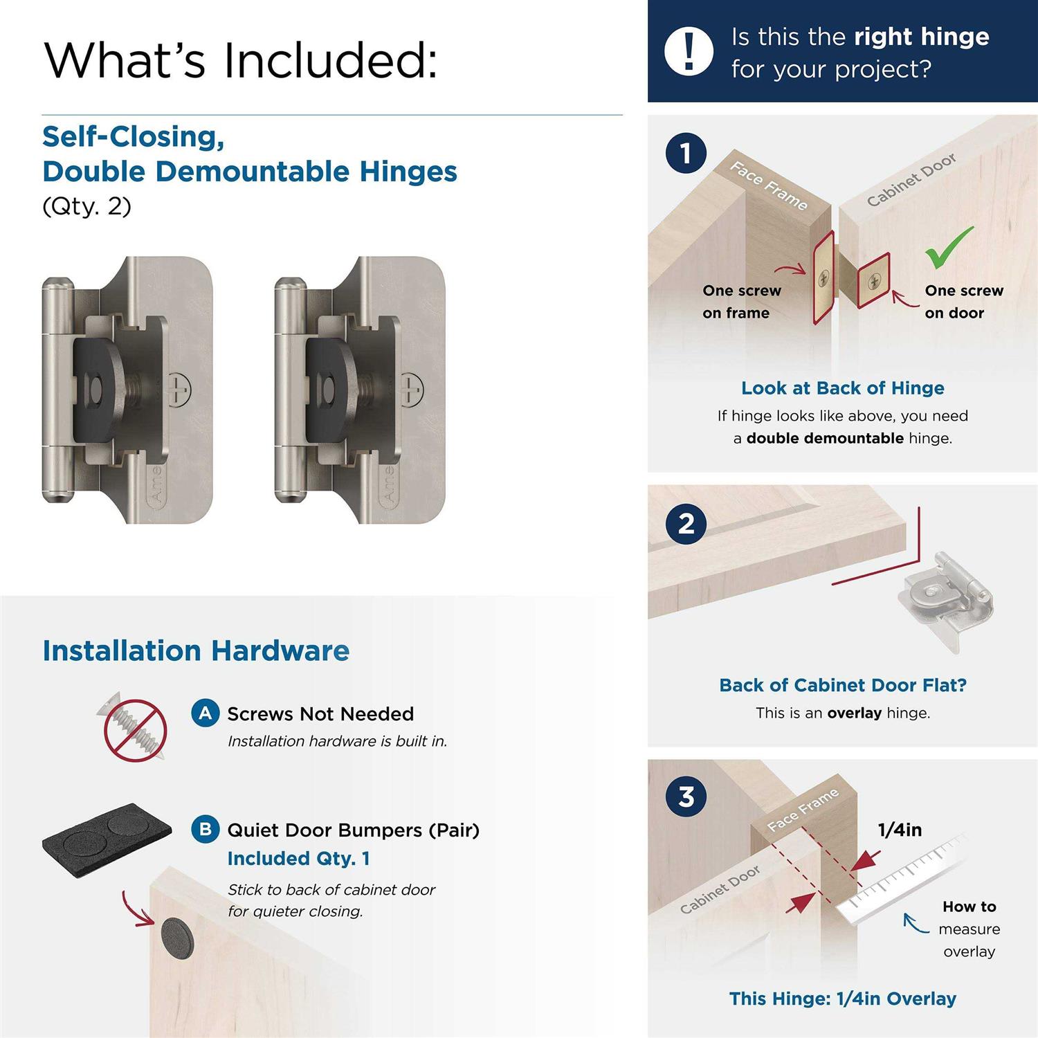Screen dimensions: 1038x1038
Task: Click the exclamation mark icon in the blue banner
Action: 689,51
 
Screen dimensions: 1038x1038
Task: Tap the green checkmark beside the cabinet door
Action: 948,248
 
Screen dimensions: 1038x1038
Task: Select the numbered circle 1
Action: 686,153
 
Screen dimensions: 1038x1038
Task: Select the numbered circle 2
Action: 686,523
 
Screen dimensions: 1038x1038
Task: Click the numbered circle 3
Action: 686,796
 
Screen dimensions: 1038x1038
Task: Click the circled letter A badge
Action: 206,713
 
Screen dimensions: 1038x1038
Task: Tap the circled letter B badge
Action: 206,829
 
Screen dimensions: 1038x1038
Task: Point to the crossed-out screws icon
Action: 136,729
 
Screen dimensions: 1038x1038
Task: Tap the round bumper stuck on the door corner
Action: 177,938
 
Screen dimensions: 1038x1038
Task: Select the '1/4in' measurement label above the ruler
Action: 900,830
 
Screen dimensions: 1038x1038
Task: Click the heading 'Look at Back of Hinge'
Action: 842,388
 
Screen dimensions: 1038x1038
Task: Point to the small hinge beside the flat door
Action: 945,599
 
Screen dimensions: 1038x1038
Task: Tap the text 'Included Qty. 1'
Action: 298,858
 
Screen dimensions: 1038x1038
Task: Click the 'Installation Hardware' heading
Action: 196,651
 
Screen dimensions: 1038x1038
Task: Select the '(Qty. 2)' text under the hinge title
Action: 86,206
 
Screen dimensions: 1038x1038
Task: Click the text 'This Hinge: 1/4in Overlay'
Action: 842,999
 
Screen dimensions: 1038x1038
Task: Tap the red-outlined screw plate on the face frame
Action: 823,277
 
